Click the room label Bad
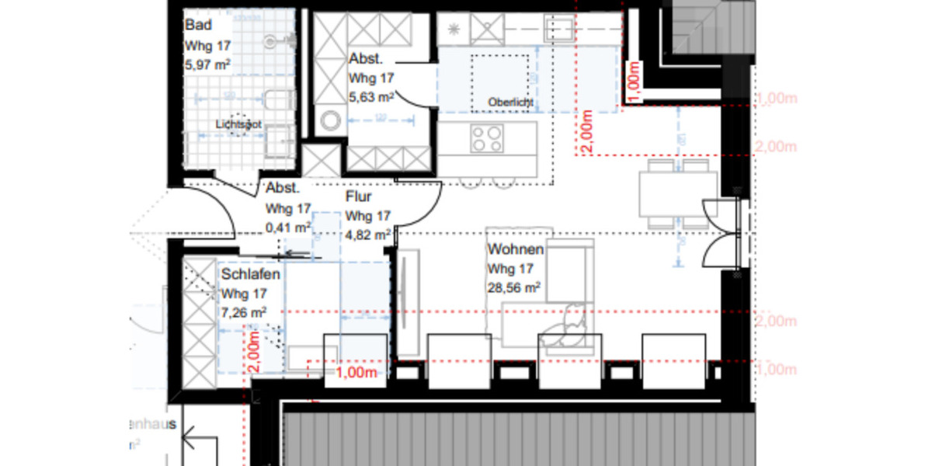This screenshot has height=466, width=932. pos(198,26)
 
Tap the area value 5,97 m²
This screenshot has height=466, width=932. pos(207,64)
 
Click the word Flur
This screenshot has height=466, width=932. pos(360,197)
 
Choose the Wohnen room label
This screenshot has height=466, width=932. pos(515,250)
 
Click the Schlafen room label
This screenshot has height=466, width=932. pos(250,275)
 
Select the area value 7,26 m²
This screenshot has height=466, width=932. pos(244,312)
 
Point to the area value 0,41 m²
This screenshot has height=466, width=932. pos(288,228)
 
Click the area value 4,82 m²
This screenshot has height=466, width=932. pos(368,234)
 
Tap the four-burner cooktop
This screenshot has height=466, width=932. pos(488,138)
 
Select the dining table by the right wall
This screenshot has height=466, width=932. pos(677,194)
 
